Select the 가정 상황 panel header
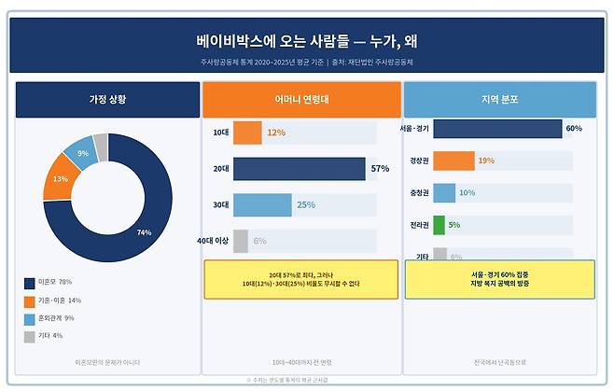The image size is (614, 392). click(x=107, y=99)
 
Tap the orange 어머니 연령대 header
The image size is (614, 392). click(x=300, y=99)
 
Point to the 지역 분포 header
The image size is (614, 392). click(x=499, y=99)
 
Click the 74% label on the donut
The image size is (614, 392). click(x=144, y=231)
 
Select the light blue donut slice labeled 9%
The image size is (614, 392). click(x=83, y=153)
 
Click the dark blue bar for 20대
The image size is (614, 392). click(x=299, y=169)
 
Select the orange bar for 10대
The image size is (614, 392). click(x=247, y=133)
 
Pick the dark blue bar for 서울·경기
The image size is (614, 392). click(x=496, y=129)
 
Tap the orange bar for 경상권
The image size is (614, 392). click(x=454, y=161)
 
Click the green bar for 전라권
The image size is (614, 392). click(x=439, y=225)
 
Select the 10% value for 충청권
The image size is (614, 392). click(x=467, y=193)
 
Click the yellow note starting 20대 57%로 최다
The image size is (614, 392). click(x=300, y=279)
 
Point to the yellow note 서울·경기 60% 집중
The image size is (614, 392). click(x=499, y=279)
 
